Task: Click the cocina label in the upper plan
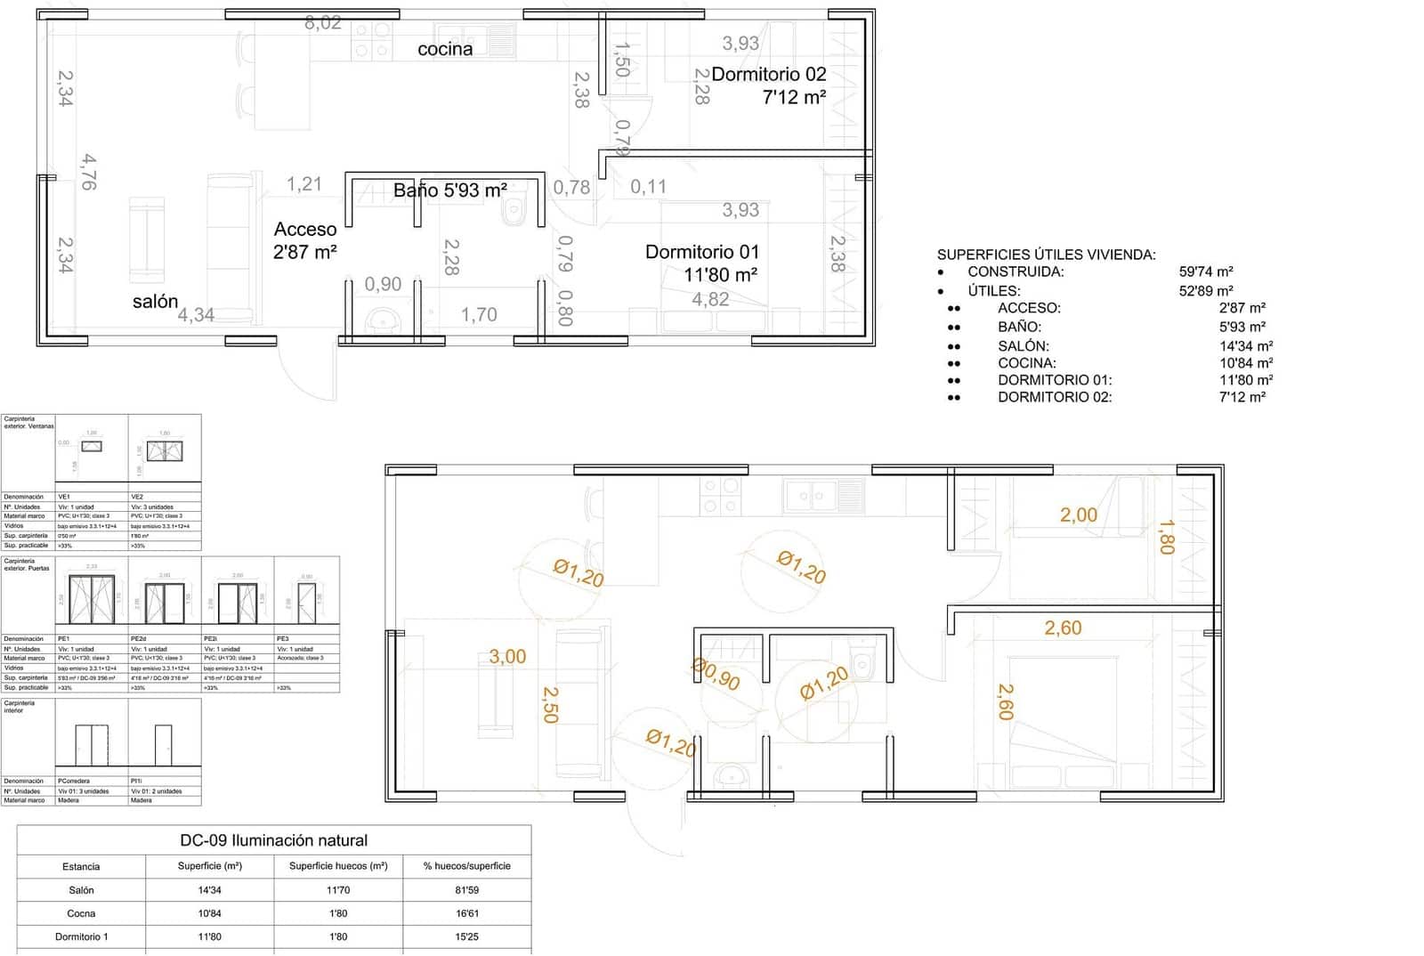pos(445,50)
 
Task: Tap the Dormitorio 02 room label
pos(769,75)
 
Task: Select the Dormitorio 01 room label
pos(702,253)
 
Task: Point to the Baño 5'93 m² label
pos(450,190)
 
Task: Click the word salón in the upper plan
pos(155,302)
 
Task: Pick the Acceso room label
pos(305,230)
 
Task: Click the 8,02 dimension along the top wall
pos(322,23)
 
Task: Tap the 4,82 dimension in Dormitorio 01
pos(710,300)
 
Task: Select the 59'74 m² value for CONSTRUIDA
pos(1206,272)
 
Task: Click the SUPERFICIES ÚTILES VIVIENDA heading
pos(1046,255)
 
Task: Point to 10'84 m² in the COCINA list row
pos(1246,363)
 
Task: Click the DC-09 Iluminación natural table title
pos(273,840)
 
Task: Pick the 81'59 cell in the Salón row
pos(466,890)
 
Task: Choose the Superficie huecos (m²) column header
pos(338,866)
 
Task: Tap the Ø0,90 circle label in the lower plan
pos(716,675)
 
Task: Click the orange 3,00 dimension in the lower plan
pos(507,657)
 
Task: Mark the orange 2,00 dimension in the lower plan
pos(1078,514)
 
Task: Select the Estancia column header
pos(81,866)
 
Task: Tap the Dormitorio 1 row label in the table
pos(81,936)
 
